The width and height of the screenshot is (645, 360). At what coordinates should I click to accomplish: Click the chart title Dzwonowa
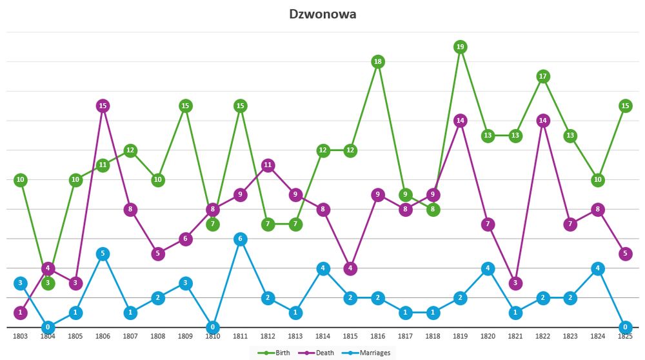322,14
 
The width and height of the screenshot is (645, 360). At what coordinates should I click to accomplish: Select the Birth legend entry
273,352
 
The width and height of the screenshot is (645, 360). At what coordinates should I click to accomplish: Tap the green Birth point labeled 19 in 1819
460,46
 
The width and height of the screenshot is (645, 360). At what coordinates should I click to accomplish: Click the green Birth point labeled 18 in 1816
378,61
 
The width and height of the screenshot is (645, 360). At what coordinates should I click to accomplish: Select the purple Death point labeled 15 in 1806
103,106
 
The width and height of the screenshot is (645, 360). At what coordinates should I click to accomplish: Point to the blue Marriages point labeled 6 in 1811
240,239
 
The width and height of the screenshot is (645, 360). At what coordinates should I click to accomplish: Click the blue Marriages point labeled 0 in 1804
48,327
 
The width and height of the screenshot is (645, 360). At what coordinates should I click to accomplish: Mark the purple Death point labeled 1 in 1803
21,312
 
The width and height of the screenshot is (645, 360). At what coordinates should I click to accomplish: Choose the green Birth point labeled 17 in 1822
543,76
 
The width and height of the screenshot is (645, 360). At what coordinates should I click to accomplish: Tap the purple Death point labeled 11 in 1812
268,165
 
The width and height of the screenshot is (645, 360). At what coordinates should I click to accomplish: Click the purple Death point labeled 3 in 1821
515,283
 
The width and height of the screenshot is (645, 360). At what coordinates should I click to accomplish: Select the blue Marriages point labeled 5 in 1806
103,254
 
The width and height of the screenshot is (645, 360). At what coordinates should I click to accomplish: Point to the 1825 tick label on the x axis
624,337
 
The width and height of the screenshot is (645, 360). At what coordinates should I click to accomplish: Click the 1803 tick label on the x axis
21,337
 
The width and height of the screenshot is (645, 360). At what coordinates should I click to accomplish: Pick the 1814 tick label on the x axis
323,337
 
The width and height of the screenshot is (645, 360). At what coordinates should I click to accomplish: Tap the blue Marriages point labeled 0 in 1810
213,327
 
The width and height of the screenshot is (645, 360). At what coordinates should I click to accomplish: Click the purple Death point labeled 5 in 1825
624,254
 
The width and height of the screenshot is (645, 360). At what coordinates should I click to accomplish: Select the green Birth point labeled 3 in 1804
48,283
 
